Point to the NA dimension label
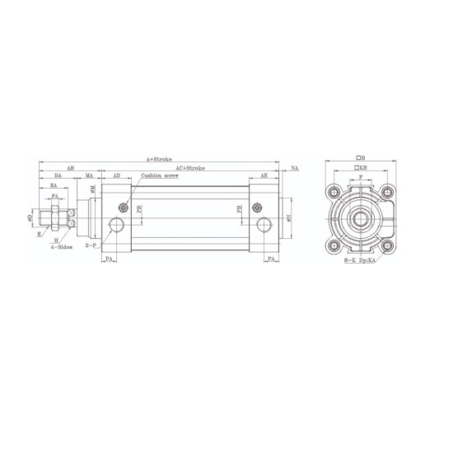295,167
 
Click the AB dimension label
70,167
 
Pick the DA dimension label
58,175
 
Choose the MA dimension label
89,175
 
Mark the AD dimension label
116,175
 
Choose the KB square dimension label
361,167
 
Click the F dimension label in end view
361,176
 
